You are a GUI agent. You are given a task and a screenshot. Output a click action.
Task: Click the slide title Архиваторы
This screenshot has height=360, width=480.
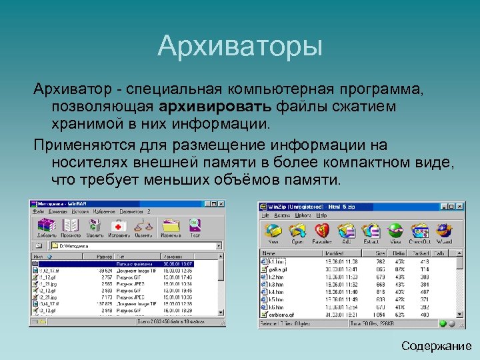click(240, 47)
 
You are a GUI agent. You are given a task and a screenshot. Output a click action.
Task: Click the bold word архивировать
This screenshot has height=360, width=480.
click(215, 107)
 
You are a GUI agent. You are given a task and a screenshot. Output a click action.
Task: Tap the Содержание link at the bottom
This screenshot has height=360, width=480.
click(437, 345)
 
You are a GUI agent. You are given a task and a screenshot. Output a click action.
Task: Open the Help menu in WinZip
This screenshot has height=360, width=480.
click(321, 215)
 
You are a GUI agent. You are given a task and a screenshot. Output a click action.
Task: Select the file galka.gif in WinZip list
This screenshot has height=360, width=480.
click(277, 269)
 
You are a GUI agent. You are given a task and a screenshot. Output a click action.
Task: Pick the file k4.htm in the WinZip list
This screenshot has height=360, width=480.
click(275, 291)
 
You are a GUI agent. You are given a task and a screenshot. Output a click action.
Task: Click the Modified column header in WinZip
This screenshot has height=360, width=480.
click(334, 253)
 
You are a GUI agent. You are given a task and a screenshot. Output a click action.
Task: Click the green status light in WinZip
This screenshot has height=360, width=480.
click(443, 323)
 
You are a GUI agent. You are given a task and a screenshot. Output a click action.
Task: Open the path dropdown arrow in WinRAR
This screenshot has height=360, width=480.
click(219, 246)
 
